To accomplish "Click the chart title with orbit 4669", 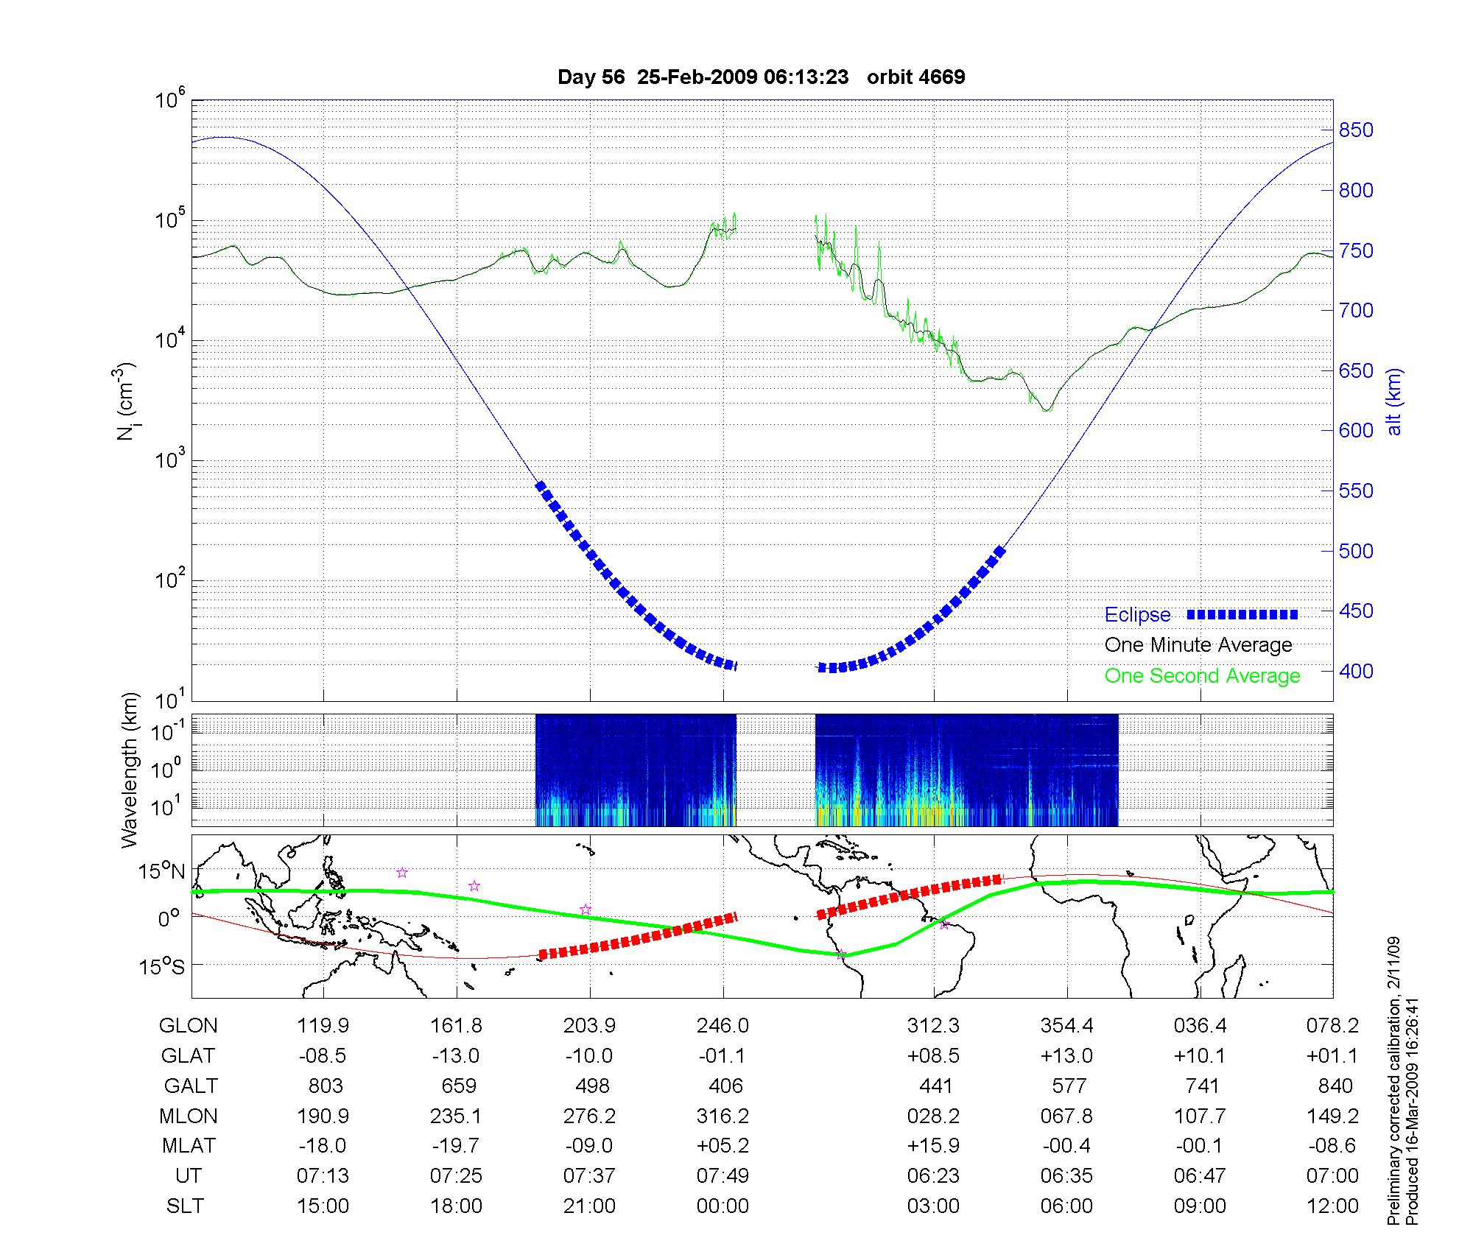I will coord(761,77).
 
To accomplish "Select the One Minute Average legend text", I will coord(1198,645).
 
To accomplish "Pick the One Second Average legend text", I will coord(1202,676).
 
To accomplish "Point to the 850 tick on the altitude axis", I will coord(1356,130).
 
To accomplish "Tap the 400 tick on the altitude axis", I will coord(1356,671).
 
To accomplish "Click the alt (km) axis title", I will coord(1394,401).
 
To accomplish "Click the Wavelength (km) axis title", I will coord(130,770).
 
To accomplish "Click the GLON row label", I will coord(189,1026).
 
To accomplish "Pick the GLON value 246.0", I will coord(723,1026).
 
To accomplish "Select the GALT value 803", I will coord(326,1086).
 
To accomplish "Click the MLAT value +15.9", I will coord(933,1146).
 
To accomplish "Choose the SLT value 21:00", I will coord(589,1206).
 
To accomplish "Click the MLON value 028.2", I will coord(933,1116).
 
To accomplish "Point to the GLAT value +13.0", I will coord(1066,1056).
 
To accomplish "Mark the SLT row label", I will coord(186,1206).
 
